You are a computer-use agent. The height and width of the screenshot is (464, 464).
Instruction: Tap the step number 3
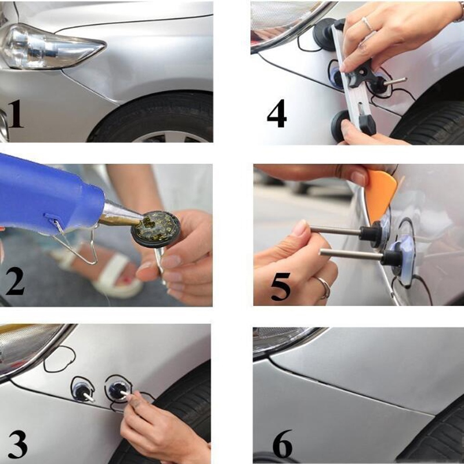click(x=17, y=444)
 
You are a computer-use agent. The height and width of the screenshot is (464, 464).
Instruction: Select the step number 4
click(x=277, y=114)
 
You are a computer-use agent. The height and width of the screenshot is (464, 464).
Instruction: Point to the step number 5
click(x=280, y=286)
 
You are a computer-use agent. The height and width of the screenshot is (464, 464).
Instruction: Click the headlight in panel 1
click(x=46, y=46)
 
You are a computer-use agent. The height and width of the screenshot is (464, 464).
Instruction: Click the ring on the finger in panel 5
click(x=324, y=288)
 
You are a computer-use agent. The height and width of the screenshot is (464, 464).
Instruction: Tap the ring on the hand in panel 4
click(x=367, y=24)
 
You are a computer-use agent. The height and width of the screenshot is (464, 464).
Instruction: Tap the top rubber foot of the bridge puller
click(x=324, y=35)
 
